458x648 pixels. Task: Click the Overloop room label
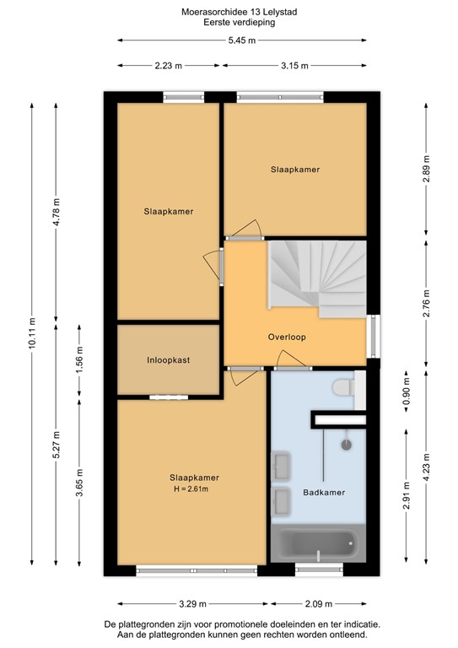[287, 337]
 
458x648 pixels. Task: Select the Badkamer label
[324, 492]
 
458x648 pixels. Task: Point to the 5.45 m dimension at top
[243, 40]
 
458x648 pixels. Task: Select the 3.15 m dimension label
[294, 66]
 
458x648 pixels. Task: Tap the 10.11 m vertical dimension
[32, 332]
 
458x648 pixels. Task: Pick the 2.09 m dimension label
[320, 603]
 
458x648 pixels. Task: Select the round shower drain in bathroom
[346, 443]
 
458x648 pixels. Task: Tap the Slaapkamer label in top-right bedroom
[295, 170]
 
